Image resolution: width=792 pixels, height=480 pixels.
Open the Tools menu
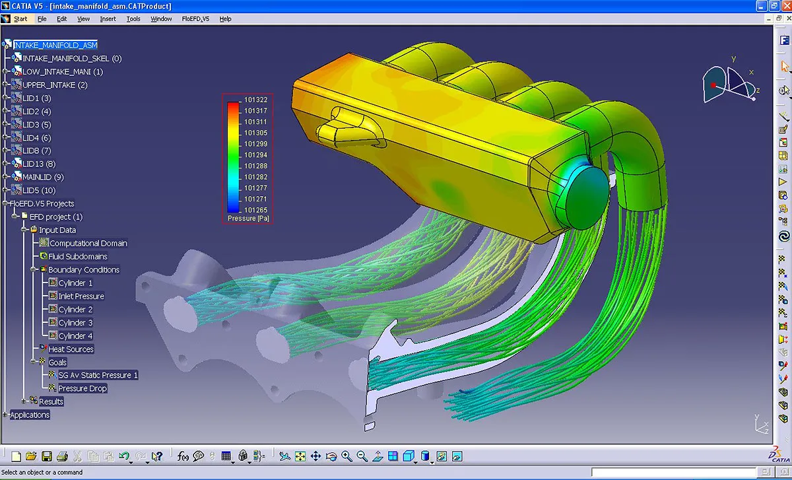point(133,19)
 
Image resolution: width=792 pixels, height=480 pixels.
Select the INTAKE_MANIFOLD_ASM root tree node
point(55,45)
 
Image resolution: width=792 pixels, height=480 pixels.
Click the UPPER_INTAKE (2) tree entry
point(55,85)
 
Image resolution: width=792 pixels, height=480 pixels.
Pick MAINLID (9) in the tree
point(43,177)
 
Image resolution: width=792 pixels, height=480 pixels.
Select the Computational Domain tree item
point(88,243)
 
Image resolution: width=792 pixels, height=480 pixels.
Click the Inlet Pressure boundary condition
point(81,296)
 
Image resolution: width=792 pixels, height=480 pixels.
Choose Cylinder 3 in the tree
point(75,322)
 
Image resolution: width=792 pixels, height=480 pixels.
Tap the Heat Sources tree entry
point(71,349)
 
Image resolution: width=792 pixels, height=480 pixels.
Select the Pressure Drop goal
point(82,388)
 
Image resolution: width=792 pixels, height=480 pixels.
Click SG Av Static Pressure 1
point(98,375)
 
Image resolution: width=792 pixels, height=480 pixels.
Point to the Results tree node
point(51,401)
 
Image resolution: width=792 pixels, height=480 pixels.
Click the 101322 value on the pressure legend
point(256,100)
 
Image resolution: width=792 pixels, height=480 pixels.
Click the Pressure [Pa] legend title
point(248,218)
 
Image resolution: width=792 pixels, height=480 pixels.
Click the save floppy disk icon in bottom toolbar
point(47,456)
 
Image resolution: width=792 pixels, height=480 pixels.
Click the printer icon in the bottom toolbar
point(62,456)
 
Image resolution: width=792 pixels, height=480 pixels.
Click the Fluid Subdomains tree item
point(78,256)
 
